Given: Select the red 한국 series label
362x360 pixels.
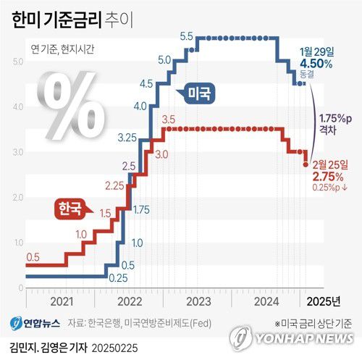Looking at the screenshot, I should pos(70,208).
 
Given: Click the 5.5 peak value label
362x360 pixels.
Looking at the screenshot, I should pos(185,36).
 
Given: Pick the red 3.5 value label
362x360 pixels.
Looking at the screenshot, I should pos(169,119).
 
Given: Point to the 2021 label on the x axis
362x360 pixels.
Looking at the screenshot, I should pos(60,301).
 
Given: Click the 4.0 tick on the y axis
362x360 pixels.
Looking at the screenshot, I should pos(17,106).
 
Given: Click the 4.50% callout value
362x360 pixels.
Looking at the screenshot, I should pos(317,63).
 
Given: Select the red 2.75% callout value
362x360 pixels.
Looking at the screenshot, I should pos(327,176).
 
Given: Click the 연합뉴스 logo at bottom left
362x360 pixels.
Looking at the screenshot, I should pos(35,322).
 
